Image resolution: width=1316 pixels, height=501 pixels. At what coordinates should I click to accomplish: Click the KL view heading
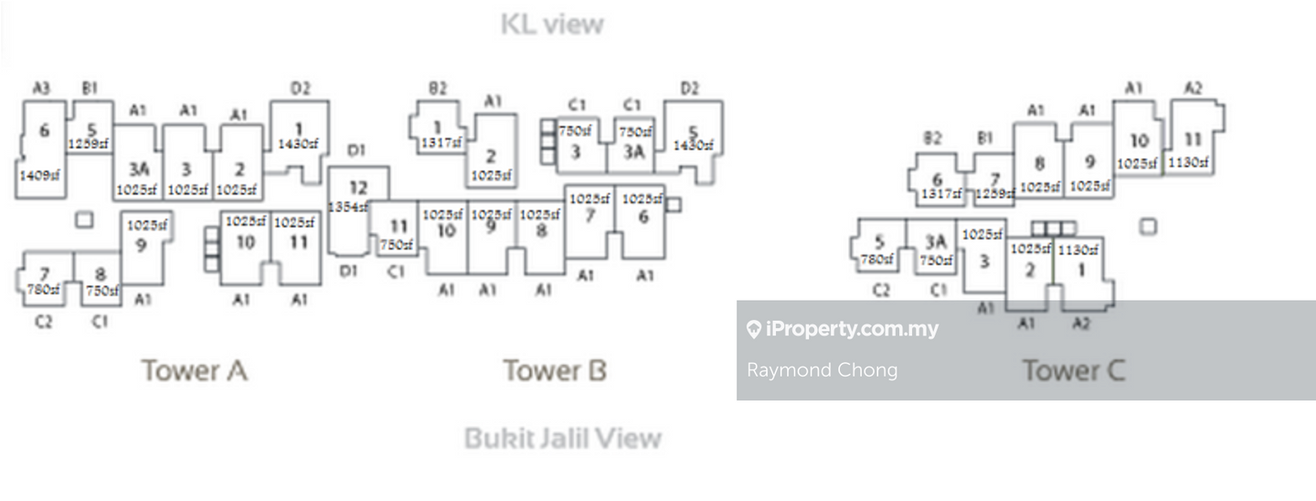tap(553, 24)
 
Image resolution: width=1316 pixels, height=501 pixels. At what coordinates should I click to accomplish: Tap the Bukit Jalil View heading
tap(562, 438)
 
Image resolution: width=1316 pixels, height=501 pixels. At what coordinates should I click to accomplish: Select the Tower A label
tap(194, 370)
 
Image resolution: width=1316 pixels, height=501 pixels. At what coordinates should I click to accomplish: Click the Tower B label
tap(555, 370)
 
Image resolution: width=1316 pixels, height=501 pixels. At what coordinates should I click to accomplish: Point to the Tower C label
tap(1073, 370)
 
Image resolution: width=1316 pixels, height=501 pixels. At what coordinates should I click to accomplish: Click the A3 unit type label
tap(42, 89)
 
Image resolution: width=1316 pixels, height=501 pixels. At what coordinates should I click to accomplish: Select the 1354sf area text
tap(348, 208)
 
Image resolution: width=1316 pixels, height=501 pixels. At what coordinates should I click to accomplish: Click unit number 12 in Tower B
tap(358, 188)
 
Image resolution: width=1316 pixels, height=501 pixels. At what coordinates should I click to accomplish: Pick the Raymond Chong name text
tap(822, 370)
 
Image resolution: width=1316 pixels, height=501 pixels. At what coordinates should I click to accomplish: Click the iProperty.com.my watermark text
tap(852, 329)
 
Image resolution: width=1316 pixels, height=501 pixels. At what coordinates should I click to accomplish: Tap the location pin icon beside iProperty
tap(754, 329)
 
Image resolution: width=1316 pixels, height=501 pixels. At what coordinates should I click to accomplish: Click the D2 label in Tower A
tap(301, 89)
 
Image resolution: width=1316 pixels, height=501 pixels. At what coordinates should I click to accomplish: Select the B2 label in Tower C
tap(932, 138)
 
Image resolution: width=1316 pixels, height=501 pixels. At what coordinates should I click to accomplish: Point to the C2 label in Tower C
tap(881, 291)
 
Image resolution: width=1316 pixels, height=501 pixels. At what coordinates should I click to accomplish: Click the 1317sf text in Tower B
tap(441, 143)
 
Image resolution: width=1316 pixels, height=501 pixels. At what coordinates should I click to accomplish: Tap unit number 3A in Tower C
tap(934, 241)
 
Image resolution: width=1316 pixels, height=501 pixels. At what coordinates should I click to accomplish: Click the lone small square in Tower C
tap(1148, 226)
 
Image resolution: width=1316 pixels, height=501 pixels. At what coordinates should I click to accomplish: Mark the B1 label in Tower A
tap(90, 89)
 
